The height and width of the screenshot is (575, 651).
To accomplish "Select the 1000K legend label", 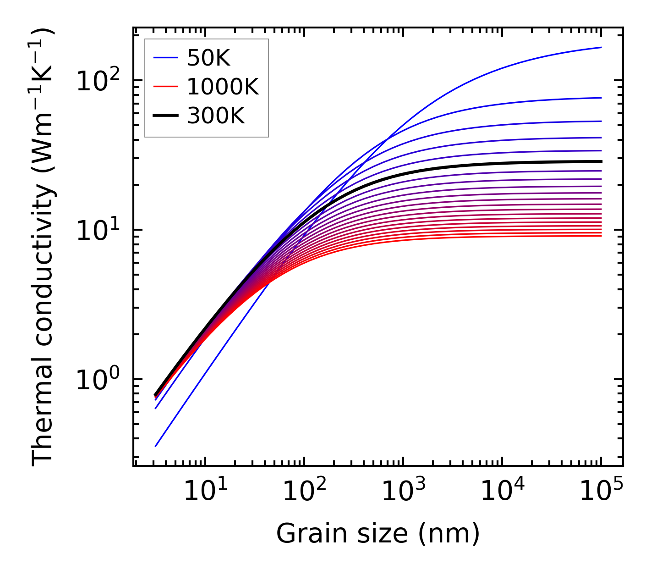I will [x=223, y=87].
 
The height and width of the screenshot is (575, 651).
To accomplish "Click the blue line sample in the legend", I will [x=165, y=58].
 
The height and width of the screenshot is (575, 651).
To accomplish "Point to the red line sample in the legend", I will [x=165, y=87].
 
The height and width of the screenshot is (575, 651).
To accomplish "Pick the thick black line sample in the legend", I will [x=165, y=116].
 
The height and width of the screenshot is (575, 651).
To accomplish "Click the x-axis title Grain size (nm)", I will [x=378, y=534].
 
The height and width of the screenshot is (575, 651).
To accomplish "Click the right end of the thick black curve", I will [x=601, y=161].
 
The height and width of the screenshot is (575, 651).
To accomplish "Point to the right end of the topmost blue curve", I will [x=601, y=47].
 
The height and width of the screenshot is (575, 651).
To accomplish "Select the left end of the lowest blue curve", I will [x=156, y=446].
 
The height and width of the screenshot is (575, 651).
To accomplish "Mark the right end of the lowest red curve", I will [x=601, y=236].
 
